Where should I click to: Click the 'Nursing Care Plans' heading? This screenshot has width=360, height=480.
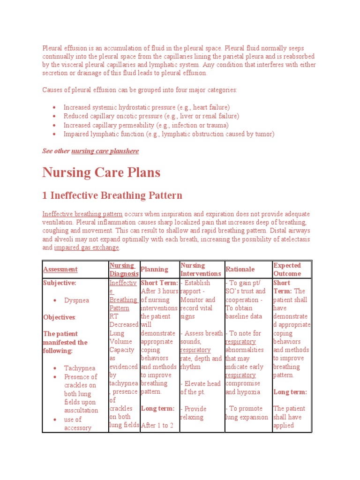101,172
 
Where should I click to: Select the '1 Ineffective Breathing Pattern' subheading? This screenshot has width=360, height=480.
112,195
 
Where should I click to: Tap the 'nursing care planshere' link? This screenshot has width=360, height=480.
105,151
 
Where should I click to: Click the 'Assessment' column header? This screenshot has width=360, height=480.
60,270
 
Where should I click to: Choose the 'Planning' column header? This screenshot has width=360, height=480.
154,270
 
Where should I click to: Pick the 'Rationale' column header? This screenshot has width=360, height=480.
240,270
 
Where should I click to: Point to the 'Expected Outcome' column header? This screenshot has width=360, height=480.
287,270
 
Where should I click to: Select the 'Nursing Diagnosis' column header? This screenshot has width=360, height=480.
124,270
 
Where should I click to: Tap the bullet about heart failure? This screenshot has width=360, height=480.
147,107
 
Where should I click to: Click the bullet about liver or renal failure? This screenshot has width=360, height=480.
151,116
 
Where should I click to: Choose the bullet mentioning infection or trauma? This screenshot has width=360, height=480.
146,125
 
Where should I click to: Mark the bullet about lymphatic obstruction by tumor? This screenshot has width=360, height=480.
169,134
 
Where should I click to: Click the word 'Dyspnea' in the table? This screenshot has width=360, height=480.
76,300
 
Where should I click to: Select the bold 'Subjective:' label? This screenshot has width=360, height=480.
60,283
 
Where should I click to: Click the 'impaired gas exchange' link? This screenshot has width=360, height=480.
87,247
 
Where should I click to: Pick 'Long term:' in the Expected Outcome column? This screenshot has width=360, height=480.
290,392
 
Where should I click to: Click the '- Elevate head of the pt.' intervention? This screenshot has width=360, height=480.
200,388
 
